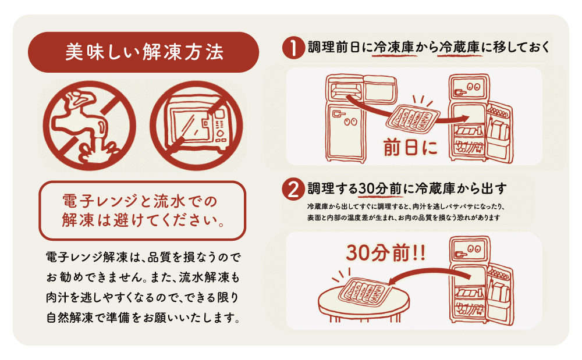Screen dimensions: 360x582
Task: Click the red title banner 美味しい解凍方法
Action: (x=143, y=52)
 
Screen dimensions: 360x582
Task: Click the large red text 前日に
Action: (x=410, y=148)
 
